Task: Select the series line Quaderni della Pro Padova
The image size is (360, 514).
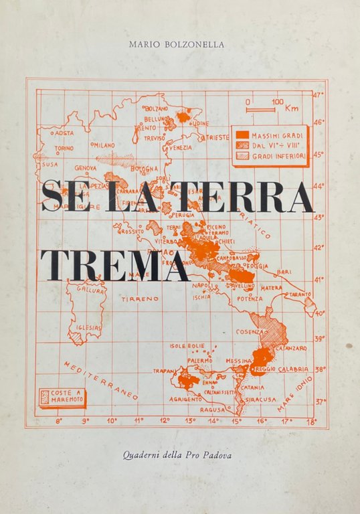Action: click(179, 456)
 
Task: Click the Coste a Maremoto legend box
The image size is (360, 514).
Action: click(62, 397)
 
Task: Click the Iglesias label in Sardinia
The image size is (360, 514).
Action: click(89, 327)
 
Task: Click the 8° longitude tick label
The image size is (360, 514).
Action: click(59, 421)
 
